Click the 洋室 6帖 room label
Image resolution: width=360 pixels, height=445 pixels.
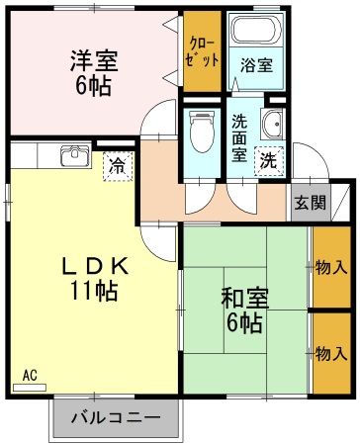click(94, 71)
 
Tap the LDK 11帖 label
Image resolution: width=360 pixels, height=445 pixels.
click(94, 278)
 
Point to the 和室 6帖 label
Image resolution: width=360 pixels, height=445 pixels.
click(242, 309)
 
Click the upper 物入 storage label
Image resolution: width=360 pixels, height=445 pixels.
click(331, 267)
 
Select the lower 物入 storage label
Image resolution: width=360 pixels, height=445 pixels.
click(331, 353)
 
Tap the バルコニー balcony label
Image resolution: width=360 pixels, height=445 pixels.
click(116, 418)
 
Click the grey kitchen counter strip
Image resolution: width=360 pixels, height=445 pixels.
click(49, 156)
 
